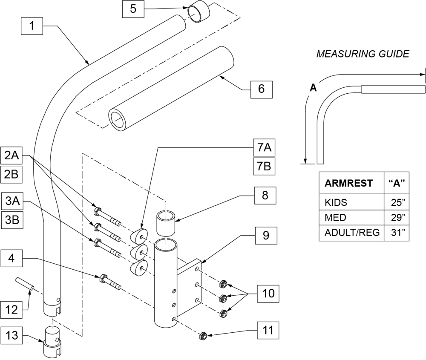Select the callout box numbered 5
tap(133, 9)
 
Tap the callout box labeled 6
tap(261, 89)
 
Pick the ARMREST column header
tap(349, 183)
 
